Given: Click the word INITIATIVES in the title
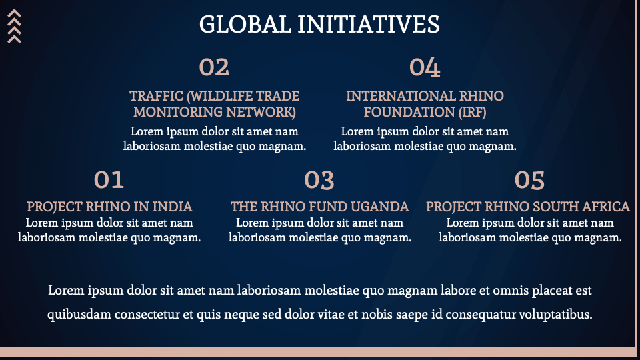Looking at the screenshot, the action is (369, 24).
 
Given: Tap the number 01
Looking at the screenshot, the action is (109, 180).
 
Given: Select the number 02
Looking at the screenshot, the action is (214, 67).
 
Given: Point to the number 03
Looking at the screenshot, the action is (319, 181).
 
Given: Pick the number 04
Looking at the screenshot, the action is (425, 67).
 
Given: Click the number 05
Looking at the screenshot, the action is (529, 181).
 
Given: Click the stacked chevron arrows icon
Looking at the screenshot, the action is (14, 26).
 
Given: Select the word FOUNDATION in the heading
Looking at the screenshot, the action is (409, 112).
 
